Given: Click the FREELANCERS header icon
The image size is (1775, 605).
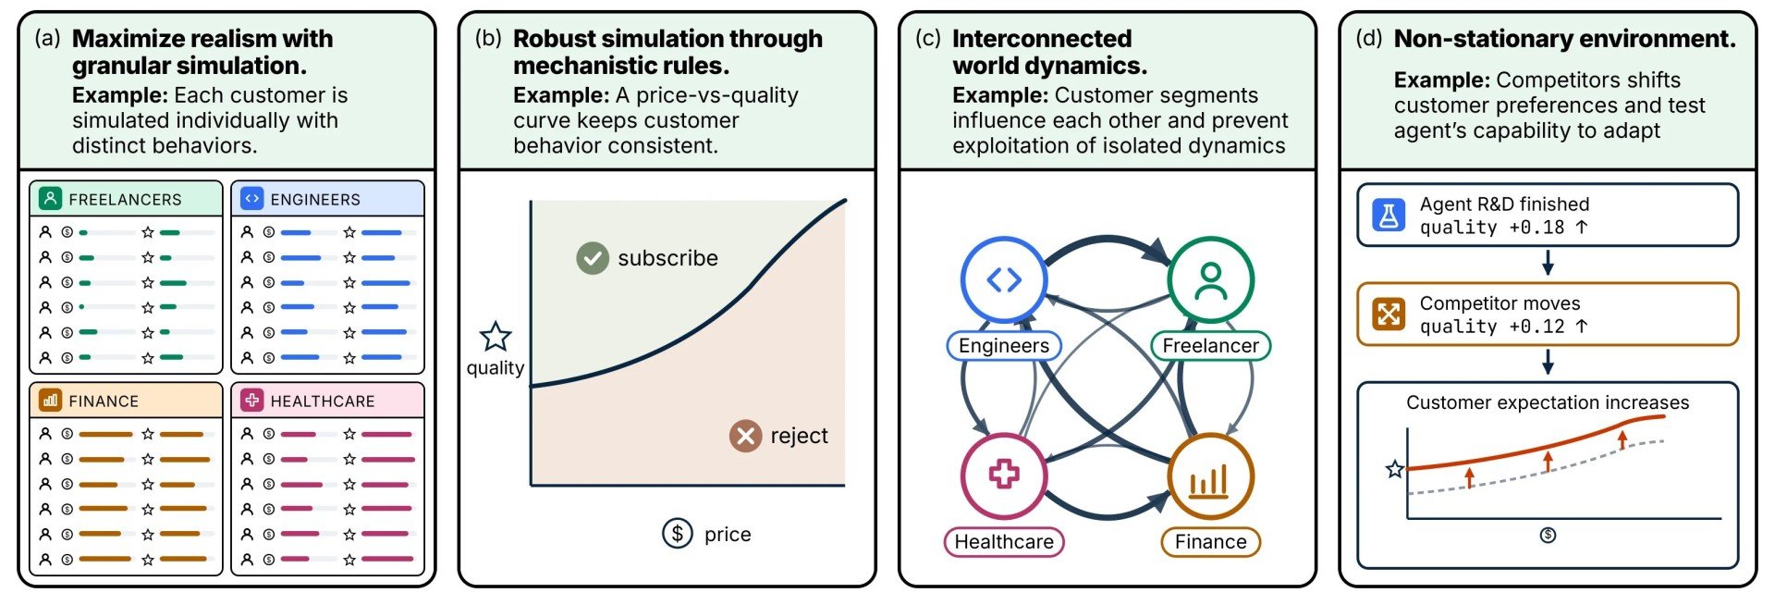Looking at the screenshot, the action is [51, 198].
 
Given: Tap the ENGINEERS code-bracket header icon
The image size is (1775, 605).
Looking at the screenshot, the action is [251, 198].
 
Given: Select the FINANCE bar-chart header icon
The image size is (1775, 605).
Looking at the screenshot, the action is [51, 400].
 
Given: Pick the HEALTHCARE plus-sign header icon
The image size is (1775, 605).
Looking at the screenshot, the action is [251, 400].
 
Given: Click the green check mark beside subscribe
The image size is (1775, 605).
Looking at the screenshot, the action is [593, 258].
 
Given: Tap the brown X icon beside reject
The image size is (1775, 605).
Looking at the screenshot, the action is [745, 436].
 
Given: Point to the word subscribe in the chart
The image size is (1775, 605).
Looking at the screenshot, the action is [667, 258].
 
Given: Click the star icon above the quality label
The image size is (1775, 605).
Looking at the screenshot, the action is [496, 337].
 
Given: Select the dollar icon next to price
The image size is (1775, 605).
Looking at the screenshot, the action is [678, 534].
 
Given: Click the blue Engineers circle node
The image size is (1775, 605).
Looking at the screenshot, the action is [1004, 279].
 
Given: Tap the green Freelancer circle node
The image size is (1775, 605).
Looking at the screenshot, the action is [1211, 279].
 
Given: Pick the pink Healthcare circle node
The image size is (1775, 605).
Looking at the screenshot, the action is [1004, 475].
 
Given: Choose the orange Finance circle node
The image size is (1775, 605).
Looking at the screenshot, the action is [1211, 475].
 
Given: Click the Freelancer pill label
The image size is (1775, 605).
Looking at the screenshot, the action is [1211, 346].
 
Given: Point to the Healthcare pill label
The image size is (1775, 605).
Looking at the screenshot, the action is [1004, 542].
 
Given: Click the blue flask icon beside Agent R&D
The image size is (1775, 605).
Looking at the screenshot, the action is [1389, 216].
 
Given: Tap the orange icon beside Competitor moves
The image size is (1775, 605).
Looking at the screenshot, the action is [1389, 315].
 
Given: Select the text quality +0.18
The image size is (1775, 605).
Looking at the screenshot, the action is [1492, 228].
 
